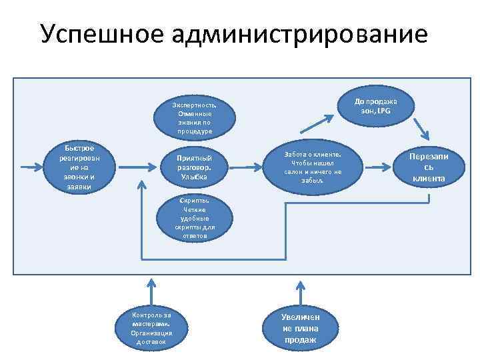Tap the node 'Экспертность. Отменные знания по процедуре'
pyautogui.click(x=194, y=118)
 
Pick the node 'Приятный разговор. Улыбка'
pyautogui.click(x=194, y=167)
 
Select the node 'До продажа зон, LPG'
pyautogui.click(x=375, y=106)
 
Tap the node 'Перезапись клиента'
pyautogui.click(x=429, y=167)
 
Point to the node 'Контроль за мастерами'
pyautogui.click(x=152, y=328)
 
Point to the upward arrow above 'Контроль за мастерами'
pyautogui.click(x=153, y=290)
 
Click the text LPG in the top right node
pyautogui.click(x=383, y=111)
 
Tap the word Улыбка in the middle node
pyautogui.click(x=194, y=177)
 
